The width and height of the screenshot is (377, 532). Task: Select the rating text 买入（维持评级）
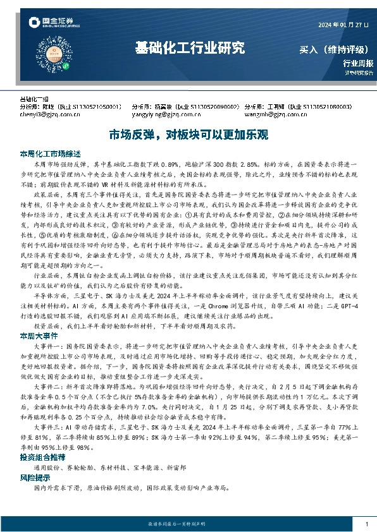tap(336, 49)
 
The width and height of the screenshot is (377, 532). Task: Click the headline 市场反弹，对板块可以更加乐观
tap(188, 134)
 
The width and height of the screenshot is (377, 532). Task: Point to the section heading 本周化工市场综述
tap(50, 154)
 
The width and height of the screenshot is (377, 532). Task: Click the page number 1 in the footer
tap(366, 524)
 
